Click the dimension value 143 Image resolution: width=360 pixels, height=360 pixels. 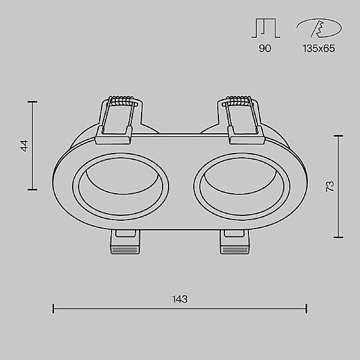(180, 299)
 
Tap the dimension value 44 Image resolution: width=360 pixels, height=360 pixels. (25, 146)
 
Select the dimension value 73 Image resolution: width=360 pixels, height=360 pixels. (330, 187)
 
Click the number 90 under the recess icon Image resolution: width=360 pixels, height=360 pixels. (265, 49)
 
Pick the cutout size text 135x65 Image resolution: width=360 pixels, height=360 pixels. (319, 49)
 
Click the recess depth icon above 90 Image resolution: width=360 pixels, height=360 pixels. (266, 28)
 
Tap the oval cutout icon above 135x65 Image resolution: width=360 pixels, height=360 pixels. (319, 28)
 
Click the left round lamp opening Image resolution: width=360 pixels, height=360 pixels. (121, 187)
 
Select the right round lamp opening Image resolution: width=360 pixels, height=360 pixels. (242, 187)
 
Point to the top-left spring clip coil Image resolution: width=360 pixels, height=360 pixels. (122, 101)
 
